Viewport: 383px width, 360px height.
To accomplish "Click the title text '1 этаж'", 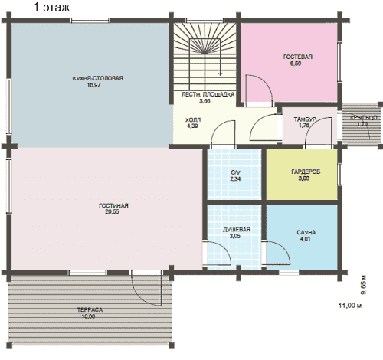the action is tap(51, 7).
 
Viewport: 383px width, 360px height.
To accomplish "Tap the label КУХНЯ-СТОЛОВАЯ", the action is tap(98, 78).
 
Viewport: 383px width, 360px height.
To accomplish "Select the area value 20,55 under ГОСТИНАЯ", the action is tap(112, 211).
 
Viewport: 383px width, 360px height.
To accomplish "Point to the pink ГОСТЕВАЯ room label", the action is tap(298, 57).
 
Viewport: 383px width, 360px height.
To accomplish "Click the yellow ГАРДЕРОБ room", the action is tap(302, 175).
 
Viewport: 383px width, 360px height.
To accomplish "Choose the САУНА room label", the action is tap(306, 233).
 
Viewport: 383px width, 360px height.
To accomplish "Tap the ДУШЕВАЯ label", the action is tap(237, 230).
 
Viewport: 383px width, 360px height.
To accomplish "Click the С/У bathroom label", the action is tap(235, 172).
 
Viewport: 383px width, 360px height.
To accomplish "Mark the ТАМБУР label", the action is tap(305, 119).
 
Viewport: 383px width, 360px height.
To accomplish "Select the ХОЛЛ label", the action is tap(193, 119).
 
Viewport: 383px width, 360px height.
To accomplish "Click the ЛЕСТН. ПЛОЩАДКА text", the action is tap(208, 94).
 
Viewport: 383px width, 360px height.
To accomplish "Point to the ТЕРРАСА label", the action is tap(90, 309).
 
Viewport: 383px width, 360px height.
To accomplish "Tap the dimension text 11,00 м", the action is tap(350, 305).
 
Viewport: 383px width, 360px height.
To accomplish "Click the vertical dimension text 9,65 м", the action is tap(363, 285).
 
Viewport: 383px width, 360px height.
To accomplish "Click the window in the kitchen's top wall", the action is tap(90, 21).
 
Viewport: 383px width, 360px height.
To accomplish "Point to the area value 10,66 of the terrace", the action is tap(88, 316).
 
